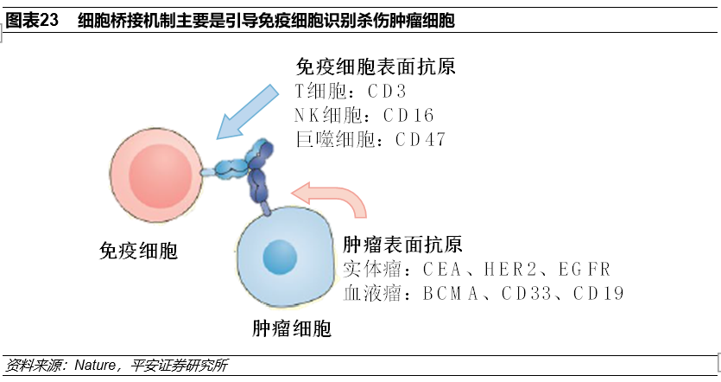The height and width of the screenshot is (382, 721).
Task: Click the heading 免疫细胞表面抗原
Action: click(x=376, y=67)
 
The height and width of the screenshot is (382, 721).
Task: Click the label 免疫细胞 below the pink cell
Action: click(x=138, y=251)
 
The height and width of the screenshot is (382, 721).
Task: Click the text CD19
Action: click(x=597, y=293)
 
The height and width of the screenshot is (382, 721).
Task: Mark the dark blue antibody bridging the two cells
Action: click(x=256, y=173)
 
